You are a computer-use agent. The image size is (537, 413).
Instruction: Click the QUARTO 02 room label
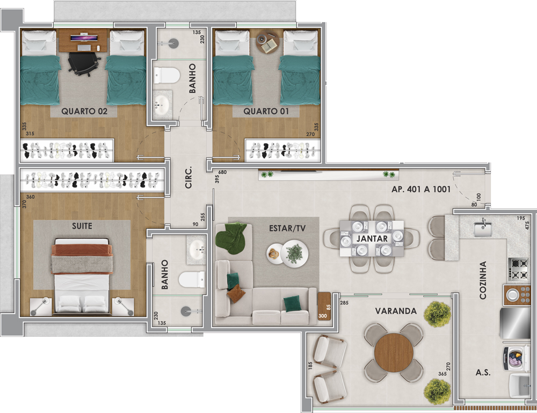(x=84, y=111)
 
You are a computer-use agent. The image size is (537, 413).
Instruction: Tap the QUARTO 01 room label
(x=266, y=111)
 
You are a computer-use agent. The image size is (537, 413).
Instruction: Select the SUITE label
(x=82, y=226)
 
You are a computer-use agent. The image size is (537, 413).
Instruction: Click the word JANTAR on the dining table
(x=372, y=238)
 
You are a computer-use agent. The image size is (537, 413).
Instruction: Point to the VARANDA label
(x=396, y=311)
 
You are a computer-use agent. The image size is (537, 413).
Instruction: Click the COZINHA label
(x=483, y=280)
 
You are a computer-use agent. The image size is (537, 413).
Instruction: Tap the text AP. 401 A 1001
(x=421, y=189)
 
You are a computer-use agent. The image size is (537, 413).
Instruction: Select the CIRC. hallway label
(x=188, y=178)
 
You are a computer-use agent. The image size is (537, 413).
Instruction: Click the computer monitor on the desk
(x=85, y=37)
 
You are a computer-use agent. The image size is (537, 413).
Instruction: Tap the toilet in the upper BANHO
(x=167, y=75)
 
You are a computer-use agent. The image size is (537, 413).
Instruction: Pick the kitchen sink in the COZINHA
(x=483, y=228)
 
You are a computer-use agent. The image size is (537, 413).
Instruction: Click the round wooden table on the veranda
(x=394, y=352)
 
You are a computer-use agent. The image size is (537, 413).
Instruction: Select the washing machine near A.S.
(x=517, y=359)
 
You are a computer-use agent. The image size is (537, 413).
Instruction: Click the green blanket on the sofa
(x=231, y=238)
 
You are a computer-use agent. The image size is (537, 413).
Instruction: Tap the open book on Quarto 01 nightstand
(x=272, y=44)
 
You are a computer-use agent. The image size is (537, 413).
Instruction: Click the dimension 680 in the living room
(x=222, y=172)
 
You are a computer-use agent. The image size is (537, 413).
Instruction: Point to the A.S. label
(x=483, y=373)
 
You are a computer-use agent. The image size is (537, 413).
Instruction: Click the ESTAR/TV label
(x=287, y=228)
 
